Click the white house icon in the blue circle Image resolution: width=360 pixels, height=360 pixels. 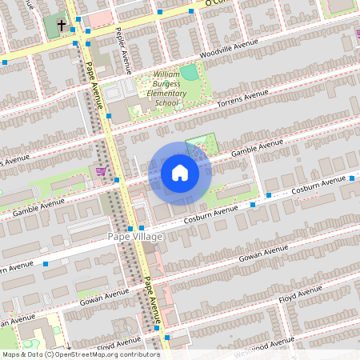pyautogui.click(x=180, y=172)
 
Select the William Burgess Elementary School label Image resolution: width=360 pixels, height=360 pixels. pyautogui.click(x=166, y=89)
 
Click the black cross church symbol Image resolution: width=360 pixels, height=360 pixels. pyautogui.click(x=62, y=25)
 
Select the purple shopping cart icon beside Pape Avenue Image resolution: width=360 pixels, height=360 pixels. pyautogui.click(x=101, y=170)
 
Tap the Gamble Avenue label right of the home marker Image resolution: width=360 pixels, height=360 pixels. pyautogui.click(x=258, y=147)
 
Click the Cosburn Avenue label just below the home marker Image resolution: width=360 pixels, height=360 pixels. pyautogui.click(x=212, y=214)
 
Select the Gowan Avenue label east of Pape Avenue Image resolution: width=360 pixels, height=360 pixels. pyautogui.click(x=263, y=254)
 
